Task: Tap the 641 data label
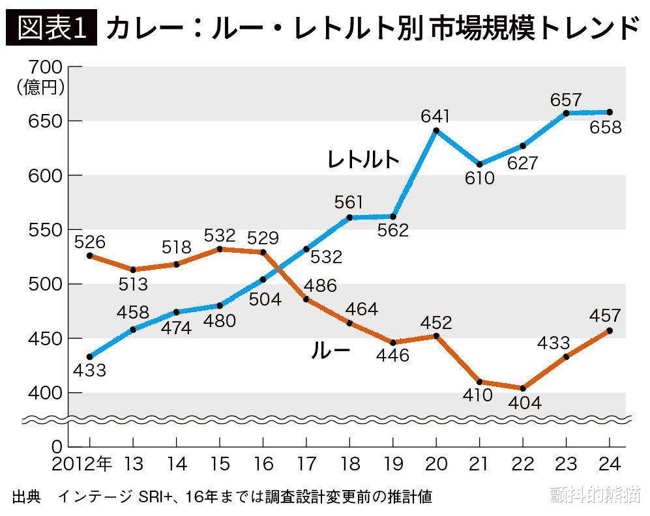click(x=436, y=117)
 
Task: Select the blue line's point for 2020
click(x=436, y=131)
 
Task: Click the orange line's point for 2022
click(x=523, y=388)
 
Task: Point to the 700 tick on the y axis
click(x=46, y=67)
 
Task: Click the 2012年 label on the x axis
click(x=83, y=464)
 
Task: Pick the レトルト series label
click(x=363, y=160)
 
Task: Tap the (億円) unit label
click(x=40, y=87)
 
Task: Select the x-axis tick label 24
click(x=608, y=464)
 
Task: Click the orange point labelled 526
click(x=90, y=255)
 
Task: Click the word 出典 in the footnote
click(x=26, y=496)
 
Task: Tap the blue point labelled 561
click(x=349, y=217)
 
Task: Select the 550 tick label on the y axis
click(x=46, y=230)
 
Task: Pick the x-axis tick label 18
click(x=349, y=464)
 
